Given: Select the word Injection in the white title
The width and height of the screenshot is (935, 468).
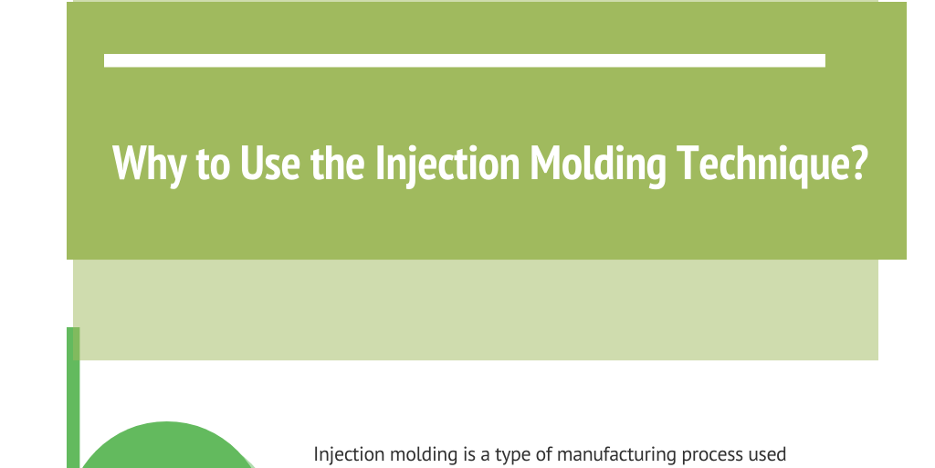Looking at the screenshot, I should pyautogui.click(x=446, y=164).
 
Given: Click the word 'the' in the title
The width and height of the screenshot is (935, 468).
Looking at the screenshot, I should pyautogui.click(x=339, y=163).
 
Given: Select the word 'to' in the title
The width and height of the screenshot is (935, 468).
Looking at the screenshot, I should pyautogui.click(x=214, y=165).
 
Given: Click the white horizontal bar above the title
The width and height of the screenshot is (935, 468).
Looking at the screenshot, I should pyautogui.click(x=464, y=60).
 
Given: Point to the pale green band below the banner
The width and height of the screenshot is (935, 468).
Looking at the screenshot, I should pyautogui.click(x=475, y=310).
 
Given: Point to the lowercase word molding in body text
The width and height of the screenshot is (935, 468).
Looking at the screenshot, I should pyautogui.click(x=415, y=454).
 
